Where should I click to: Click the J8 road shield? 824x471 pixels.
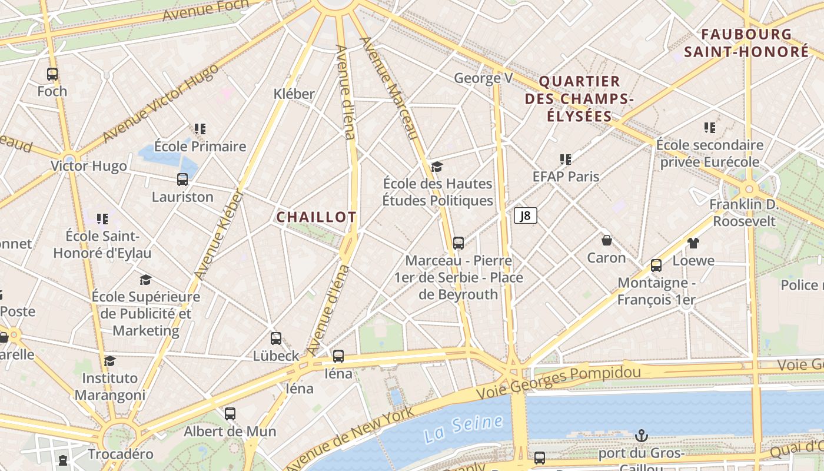(526, 216)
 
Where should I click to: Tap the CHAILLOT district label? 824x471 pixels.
(317, 217)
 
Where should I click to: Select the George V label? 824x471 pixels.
(483, 78)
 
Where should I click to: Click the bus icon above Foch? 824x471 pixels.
(52, 74)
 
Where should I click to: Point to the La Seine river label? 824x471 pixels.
(463, 429)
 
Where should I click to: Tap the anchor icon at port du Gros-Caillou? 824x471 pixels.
(642, 436)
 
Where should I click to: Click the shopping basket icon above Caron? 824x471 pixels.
(607, 240)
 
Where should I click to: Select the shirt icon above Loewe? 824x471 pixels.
(693, 243)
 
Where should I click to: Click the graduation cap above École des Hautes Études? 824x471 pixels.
(437, 167)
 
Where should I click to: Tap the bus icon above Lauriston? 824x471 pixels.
(182, 180)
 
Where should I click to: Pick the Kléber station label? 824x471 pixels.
(294, 94)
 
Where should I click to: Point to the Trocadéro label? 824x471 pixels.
(121, 454)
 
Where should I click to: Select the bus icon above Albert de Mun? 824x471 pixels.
(230, 413)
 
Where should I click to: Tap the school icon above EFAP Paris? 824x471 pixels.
(566, 159)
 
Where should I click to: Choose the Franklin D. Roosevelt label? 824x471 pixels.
(743, 213)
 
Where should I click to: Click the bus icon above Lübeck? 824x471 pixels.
(276, 339)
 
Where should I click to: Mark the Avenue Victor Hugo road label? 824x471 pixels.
(160, 104)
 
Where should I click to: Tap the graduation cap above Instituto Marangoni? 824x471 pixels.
(109, 361)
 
